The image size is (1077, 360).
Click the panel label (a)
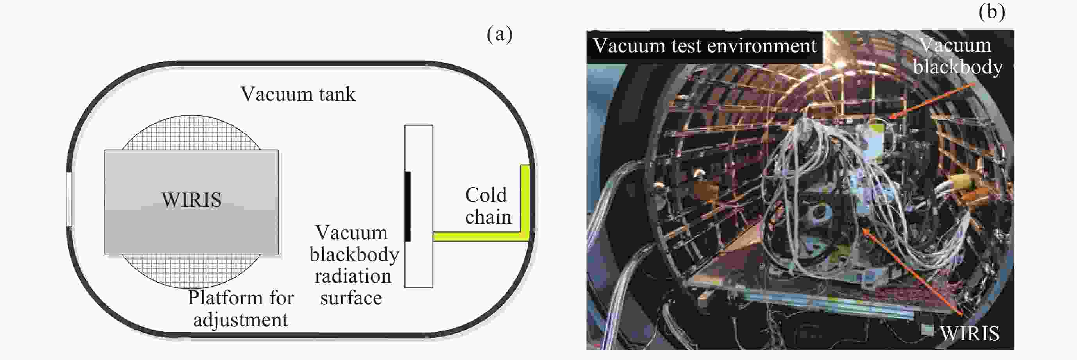click(499, 34)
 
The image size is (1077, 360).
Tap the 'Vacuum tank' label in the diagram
click(298, 94)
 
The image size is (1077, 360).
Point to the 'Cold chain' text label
click(487, 206)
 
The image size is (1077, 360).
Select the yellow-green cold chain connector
click(481, 236)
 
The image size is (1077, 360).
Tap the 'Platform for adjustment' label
click(240, 308)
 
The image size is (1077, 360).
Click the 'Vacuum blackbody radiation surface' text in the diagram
click(353, 265)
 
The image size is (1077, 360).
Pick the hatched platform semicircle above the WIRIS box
click(191, 133)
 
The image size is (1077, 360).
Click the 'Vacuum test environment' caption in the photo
click(705, 46)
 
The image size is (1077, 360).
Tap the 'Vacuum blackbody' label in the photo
click(957, 56)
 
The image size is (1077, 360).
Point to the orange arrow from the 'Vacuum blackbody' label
click(932, 102)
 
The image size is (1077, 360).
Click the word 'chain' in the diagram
click(488, 217)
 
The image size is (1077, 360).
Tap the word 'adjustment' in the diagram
click(240, 320)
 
